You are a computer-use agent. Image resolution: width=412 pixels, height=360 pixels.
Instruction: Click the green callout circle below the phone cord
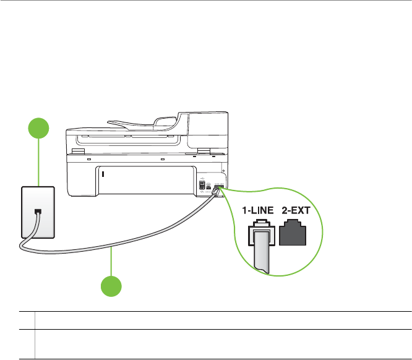coord(111,288)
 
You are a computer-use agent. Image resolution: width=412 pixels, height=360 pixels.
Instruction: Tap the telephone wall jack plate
coord(37,212)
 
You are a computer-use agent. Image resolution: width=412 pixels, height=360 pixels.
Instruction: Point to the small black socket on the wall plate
coord(38,212)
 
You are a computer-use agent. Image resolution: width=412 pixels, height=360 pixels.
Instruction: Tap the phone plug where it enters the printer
coord(215,192)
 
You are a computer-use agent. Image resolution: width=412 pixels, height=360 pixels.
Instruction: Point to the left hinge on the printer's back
coord(77,152)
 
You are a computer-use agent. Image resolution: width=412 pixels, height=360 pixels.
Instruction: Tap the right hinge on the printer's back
coord(202,152)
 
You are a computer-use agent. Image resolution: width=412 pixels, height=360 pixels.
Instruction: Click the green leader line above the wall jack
coord(39,164)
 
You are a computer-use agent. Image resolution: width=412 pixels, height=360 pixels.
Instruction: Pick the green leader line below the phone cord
coord(111,262)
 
